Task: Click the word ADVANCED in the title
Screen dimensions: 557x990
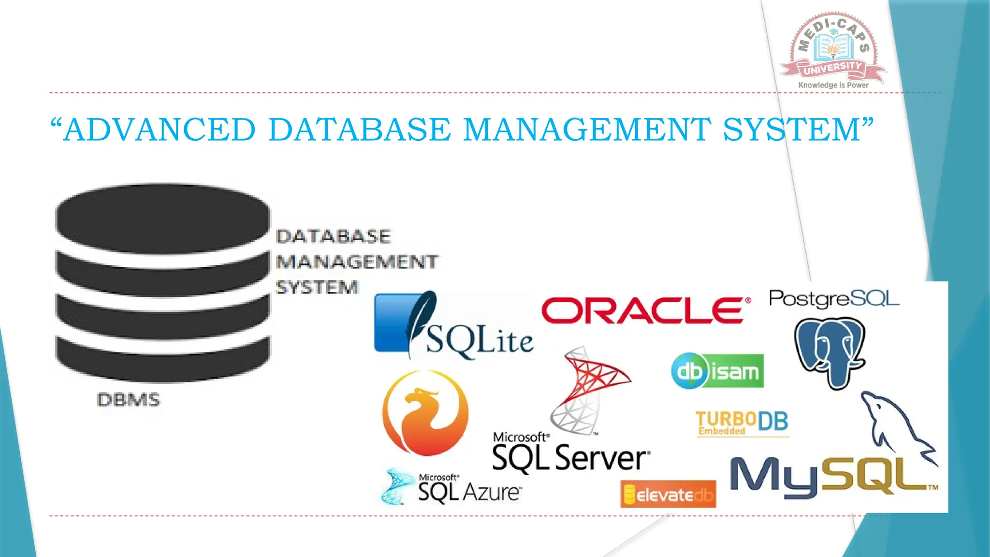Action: pyautogui.click(x=159, y=130)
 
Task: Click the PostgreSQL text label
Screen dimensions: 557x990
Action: pyautogui.click(x=834, y=299)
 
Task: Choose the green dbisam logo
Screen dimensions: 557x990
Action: pyautogui.click(x=717, y=371)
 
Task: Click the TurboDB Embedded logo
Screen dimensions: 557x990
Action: pyautogui.click(x=742, y=423)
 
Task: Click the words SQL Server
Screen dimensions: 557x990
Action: pyautogui.click(x=570, y=457)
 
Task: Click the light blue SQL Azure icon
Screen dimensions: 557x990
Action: pyautogui.click(x=396, y=486)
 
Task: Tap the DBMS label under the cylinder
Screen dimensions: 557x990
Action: pyautogui.click(x=128, y=400)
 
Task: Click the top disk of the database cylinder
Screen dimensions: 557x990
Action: pyautogui.click(x=162, y=218)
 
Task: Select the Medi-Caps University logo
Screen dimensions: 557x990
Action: pyautogui.click(x=833, y=48)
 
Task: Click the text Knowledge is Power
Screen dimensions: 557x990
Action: pyautogui.click(x=833, y=85)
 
